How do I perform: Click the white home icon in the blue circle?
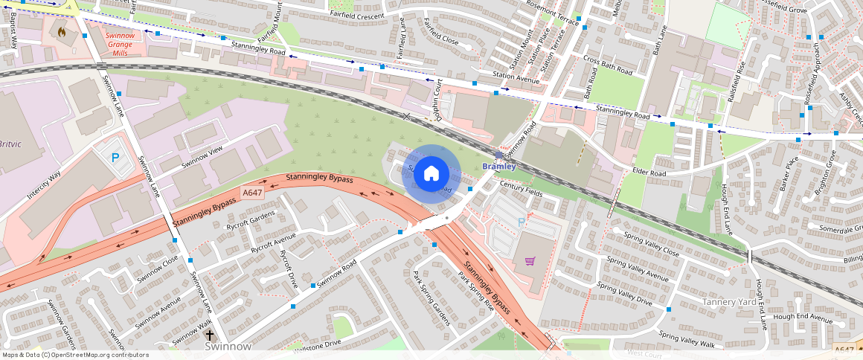click(431, 174)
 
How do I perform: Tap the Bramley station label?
click(498, 166)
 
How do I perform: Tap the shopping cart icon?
click(530, 261)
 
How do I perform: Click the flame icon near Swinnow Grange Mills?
click(62, 33)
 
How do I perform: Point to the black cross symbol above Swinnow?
click(211, 335)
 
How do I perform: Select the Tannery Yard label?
click(730, 302)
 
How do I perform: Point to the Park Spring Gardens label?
click(431, 298)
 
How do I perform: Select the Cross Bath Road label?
click(608, 66)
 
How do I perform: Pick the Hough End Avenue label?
click(803, 318)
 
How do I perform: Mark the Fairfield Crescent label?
click(359, 14)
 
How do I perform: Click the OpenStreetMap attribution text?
click(75, 355)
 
